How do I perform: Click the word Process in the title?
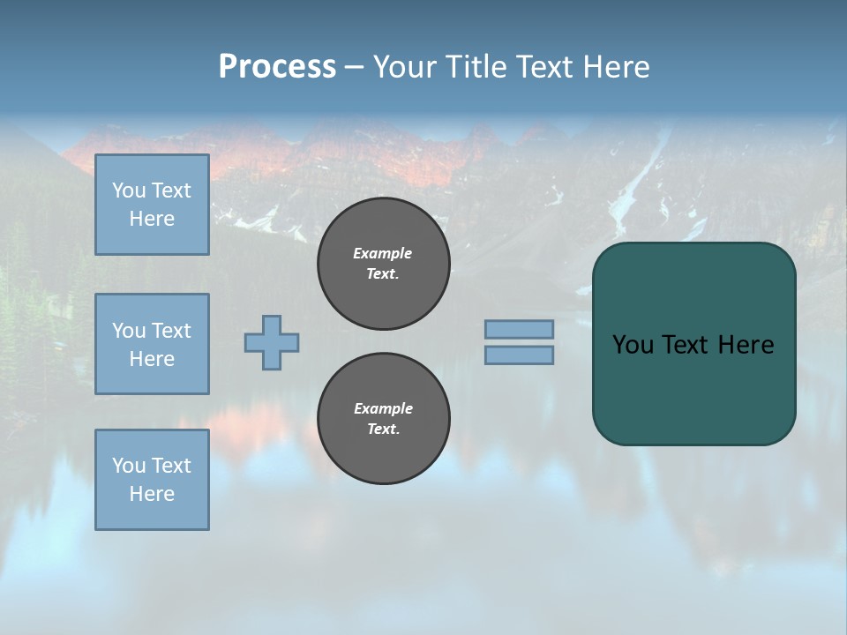(277, 67)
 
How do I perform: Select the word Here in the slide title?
(617, 67)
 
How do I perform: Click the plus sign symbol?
(272, 342)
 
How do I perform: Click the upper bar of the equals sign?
(519, 329)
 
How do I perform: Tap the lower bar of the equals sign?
(519, 355)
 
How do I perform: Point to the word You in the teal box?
(633, 345)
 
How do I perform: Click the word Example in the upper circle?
(383, 253)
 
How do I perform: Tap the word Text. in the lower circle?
(383, 430)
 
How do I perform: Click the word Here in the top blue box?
(152, 219)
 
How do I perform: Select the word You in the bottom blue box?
(128, 466)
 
